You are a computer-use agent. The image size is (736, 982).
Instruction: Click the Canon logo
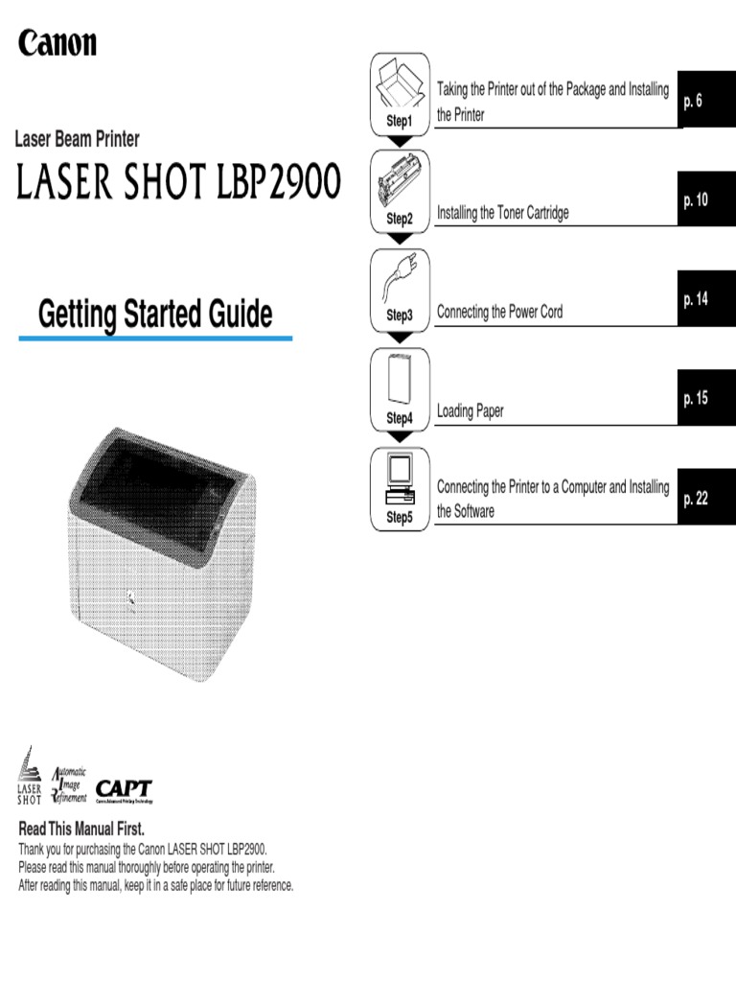tap(57, 43)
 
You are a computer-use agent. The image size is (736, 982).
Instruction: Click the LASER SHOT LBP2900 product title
tap(178, 181)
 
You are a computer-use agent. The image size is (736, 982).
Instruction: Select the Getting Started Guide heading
tap(155, 315)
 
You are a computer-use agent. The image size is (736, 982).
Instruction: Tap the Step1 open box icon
tap(399, 83)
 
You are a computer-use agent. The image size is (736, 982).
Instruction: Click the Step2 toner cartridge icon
tap(400, 181)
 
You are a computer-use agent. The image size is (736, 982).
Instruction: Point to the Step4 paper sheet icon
tap(399, 380)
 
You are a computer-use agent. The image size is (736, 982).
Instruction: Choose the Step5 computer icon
tap(400, 479)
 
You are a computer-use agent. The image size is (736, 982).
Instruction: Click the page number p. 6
tap(693, 101)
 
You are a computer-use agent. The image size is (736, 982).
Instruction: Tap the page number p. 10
tap(696, 200)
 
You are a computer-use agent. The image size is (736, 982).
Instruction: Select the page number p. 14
tap(696, 299)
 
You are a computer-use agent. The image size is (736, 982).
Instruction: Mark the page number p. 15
tap(696, 398)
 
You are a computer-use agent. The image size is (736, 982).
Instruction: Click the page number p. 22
tap(696, 499)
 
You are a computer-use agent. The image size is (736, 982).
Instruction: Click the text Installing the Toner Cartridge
tap(502, 213)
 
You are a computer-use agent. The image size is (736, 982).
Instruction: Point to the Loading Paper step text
tap(470, 410)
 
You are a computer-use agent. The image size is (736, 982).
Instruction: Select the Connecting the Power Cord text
tap(499, 312)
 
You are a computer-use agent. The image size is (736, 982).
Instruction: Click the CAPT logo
tap(124, 790)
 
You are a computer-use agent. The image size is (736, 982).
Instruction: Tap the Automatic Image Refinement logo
tap(69, 785)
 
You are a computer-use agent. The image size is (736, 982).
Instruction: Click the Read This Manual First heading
tap(81, 829)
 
